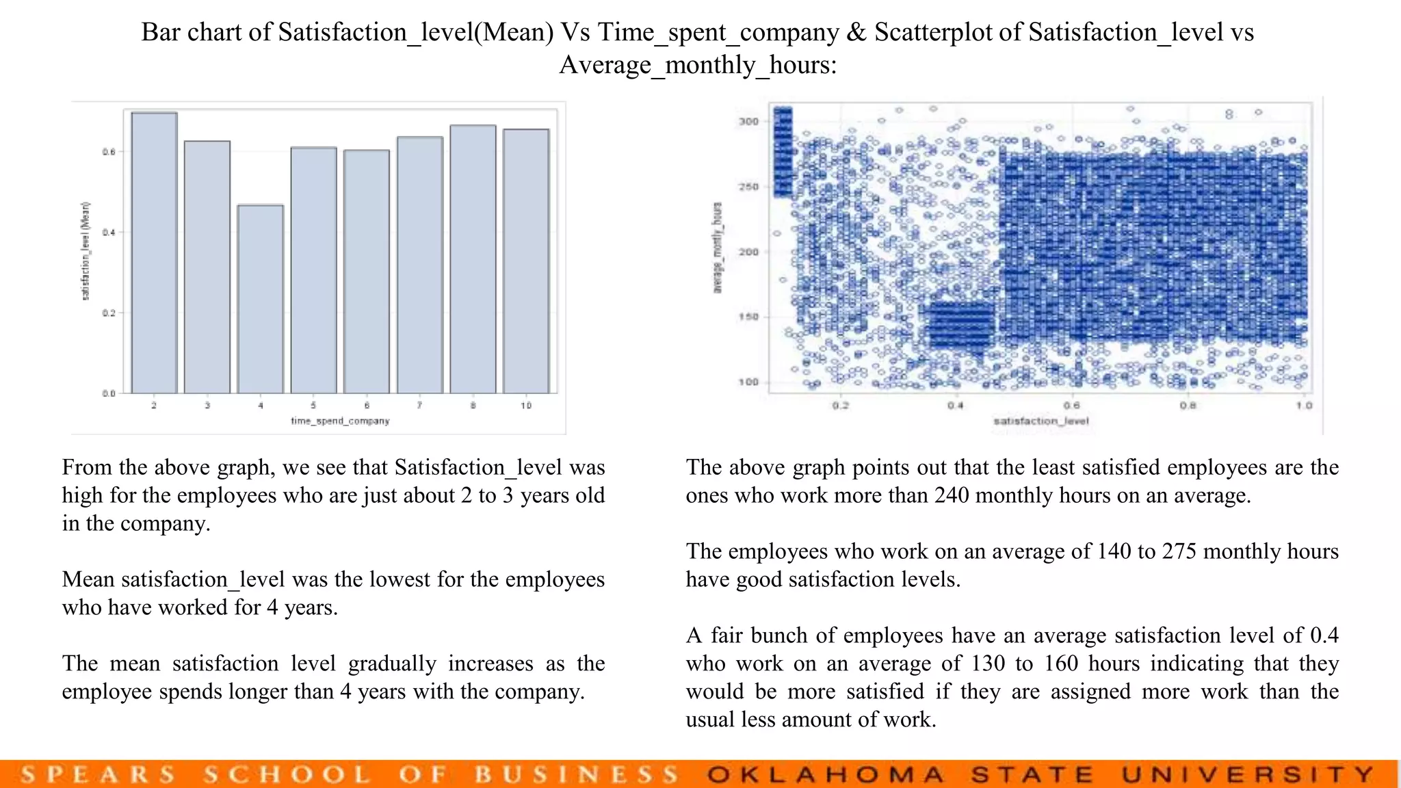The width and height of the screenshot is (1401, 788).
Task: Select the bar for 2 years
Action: coord(155,253)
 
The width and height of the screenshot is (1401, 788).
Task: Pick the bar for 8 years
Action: coord(473,259)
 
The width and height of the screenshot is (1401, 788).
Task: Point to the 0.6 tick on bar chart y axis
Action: coord(109,152)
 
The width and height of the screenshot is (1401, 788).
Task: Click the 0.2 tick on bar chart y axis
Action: coord(109,313)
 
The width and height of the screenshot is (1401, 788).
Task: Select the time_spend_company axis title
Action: coord(340,421)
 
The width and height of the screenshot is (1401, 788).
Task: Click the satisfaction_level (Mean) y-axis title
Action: coord(86,251)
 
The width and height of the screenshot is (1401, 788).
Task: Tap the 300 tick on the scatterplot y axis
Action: coord(749,122)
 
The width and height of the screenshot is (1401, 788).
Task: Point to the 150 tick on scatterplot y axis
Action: coord(749,317)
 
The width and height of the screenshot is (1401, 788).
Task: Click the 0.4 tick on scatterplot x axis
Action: coord(956,406)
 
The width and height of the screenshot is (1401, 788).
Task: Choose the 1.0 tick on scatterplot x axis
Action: coord(1304,406)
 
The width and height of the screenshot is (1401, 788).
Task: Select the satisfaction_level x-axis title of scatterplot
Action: coord(1040,421)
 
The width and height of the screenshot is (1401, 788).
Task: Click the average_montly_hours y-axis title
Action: coord(718,248)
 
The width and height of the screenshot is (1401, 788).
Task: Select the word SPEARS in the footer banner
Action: coord(98,775)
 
